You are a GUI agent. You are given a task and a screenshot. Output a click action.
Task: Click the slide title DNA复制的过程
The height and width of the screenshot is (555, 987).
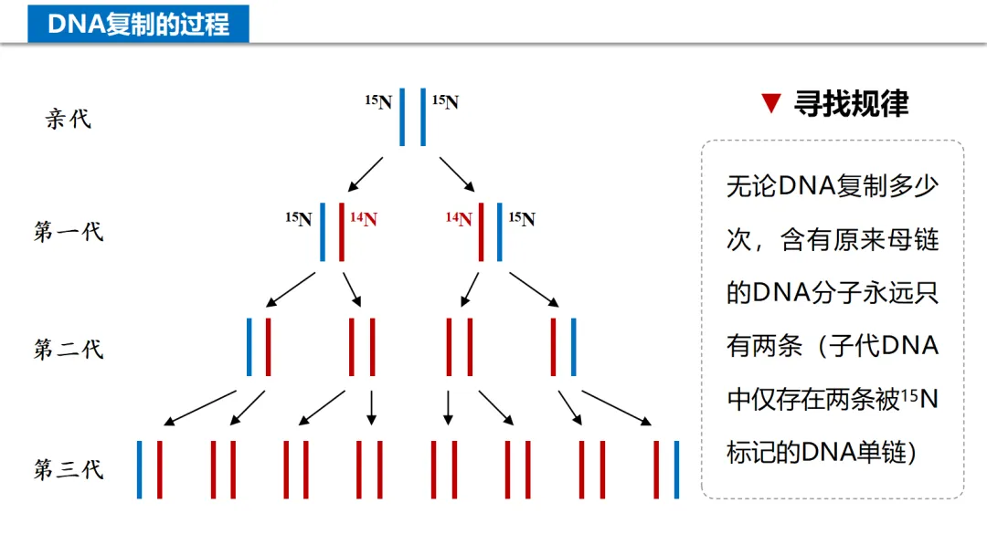pos(138,24)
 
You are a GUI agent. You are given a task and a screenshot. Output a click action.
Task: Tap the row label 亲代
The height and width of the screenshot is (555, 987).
pos(69,119)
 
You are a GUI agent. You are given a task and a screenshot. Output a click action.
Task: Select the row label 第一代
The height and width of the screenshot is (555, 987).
pos(69,232)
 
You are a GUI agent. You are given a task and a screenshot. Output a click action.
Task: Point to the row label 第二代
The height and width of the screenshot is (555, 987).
pos(69,349)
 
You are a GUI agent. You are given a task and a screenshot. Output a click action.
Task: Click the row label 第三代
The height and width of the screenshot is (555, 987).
pos(69,470)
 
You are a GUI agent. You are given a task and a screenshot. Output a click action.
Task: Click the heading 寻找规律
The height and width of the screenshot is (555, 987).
pos(851,104)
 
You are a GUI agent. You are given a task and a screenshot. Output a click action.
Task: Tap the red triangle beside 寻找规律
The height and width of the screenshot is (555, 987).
pos(771,104)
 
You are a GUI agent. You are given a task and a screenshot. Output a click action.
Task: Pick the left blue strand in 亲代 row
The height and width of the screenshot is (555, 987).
pos(402,117)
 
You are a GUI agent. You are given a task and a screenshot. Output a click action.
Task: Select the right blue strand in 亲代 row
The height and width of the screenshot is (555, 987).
pos(423,117)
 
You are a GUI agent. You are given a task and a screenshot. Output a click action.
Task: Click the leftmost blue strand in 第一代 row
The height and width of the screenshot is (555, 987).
pos(323,232)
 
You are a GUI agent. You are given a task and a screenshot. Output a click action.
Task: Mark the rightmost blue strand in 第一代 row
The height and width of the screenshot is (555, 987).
pos(500,232)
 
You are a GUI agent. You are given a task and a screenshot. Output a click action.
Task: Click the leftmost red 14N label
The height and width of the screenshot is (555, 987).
pos(363,219)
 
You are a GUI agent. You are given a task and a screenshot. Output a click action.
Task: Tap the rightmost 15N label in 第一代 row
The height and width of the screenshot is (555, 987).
pos(522,219)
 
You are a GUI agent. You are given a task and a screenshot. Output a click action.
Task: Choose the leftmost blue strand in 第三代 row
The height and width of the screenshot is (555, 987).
pos(140,469)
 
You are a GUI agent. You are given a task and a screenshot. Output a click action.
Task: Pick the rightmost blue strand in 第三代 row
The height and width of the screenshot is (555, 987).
pos(676,469)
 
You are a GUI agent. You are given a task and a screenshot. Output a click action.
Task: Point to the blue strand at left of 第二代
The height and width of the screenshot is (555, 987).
pos(249,347)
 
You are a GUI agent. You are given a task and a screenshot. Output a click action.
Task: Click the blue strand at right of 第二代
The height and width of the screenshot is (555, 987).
pos(573,347)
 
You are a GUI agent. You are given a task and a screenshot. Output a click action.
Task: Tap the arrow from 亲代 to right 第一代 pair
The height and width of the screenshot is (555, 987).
pos(457,173)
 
